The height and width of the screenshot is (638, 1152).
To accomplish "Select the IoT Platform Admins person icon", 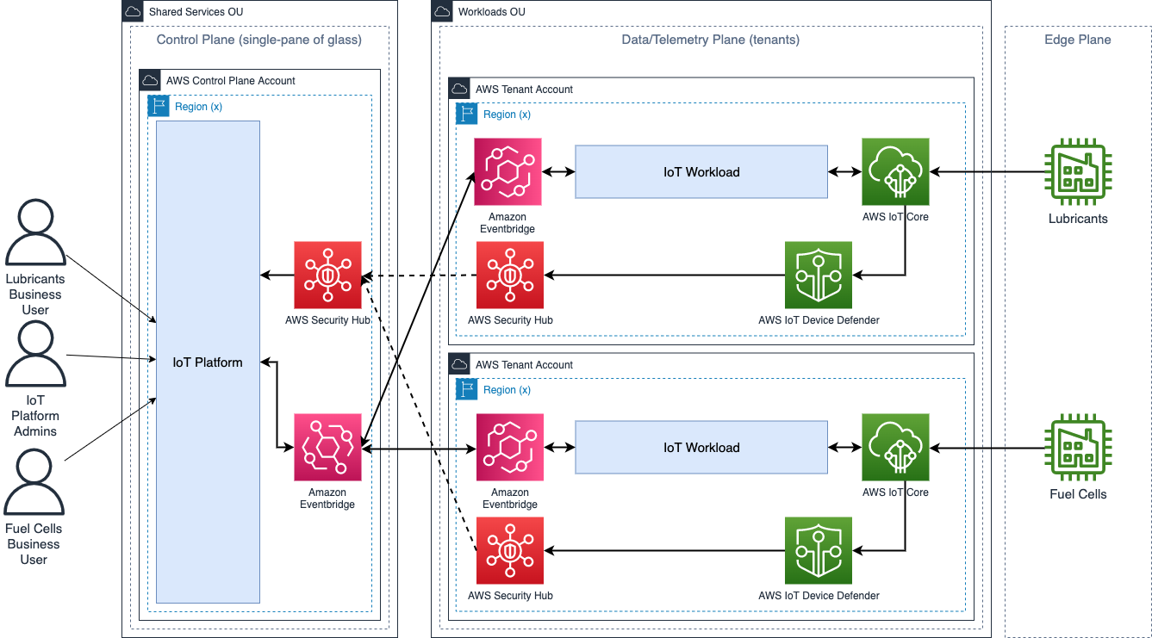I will coord(35,355).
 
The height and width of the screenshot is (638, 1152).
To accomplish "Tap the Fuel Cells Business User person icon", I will coord(35,483).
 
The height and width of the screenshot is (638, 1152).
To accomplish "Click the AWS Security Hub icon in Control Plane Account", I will coord(327,275).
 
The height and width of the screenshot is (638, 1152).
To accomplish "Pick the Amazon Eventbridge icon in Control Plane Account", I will coord(327,447).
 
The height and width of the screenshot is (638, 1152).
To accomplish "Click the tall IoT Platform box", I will coord(208,362).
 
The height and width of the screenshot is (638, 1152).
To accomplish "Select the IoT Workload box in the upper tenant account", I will coord(701,171).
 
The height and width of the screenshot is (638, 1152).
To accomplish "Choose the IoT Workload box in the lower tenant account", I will coord(701,447).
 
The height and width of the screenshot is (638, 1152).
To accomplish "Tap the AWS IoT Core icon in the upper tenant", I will coord(895,171).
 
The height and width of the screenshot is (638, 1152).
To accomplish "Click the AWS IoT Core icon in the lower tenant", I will coord(895,447).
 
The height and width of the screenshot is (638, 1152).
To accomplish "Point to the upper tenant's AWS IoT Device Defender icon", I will coord(819,275).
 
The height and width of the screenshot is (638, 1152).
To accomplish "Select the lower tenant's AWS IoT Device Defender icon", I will coord(819,550).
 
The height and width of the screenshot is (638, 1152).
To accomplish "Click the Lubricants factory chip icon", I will coord(1078,171).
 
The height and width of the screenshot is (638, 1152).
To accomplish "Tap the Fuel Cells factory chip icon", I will coord(1078,447).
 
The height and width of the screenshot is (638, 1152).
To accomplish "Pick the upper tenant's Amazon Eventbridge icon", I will coord(508,171).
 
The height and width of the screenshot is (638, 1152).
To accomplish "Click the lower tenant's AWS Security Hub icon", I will coord(510,550).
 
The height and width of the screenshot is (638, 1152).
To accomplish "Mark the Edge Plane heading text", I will coord(1077,40).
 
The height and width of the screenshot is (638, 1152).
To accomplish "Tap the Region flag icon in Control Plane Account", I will coord(159,106).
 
